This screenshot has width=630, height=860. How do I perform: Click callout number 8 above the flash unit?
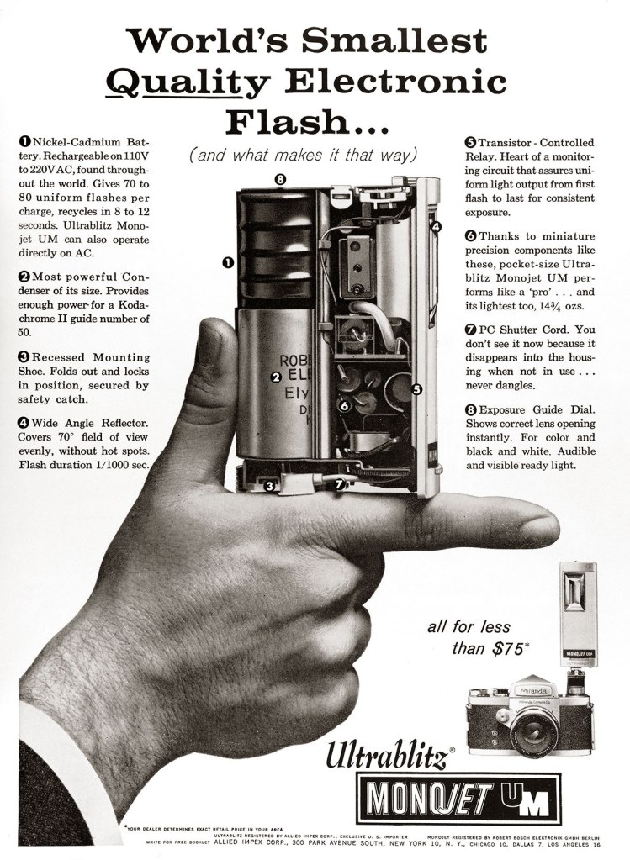[281, 178]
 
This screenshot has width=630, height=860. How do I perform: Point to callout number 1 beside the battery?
[227, 263]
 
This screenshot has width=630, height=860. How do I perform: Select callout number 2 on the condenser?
[275, 377]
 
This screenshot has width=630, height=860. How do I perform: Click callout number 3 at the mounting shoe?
[269, 485]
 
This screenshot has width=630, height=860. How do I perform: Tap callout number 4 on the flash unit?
[435, 227]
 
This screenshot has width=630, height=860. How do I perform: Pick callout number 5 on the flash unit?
[416, 389]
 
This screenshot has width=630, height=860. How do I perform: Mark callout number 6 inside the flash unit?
[343, 405]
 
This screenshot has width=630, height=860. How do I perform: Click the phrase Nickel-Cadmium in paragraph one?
[68, 148]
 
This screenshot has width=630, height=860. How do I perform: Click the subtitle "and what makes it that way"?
[303, 156]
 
